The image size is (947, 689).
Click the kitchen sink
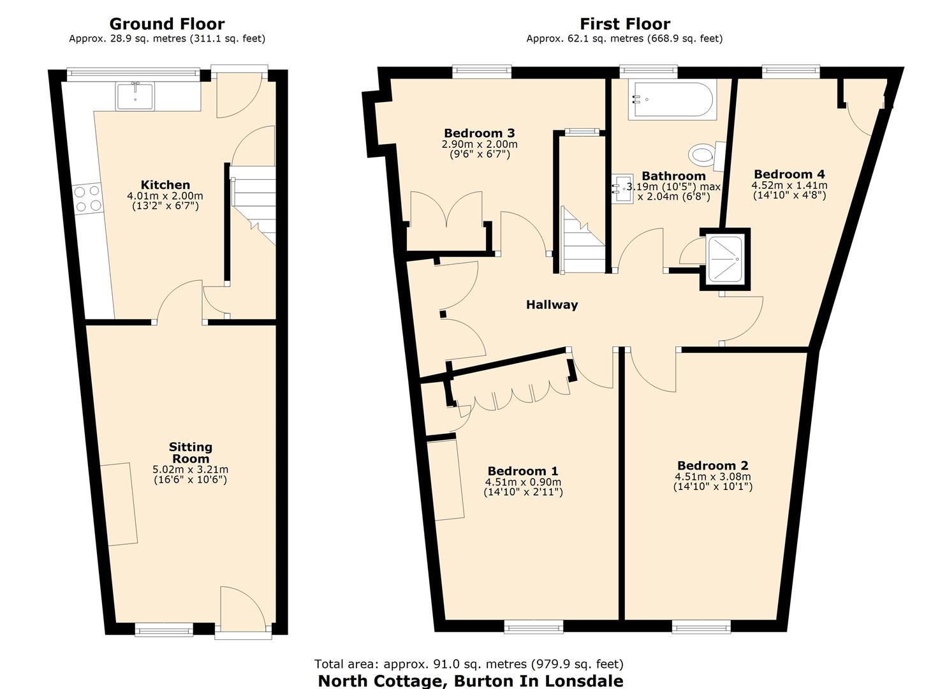[x=135, y=96]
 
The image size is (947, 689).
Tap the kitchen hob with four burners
[x=88, y=198]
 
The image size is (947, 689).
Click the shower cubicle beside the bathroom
[x=725, y=259]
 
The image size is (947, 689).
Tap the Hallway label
[x=552, y=305]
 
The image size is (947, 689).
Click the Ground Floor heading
[x=167, y=24]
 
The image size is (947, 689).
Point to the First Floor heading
[x=624, y=24]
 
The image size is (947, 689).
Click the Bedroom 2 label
[x=712, y=466]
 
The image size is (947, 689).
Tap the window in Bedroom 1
[x=533, y=627]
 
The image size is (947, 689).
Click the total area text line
[x=469, y=664]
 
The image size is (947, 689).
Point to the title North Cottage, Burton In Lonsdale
[x=470, y=681]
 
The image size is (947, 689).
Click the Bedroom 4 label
[x=789, y=174]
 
